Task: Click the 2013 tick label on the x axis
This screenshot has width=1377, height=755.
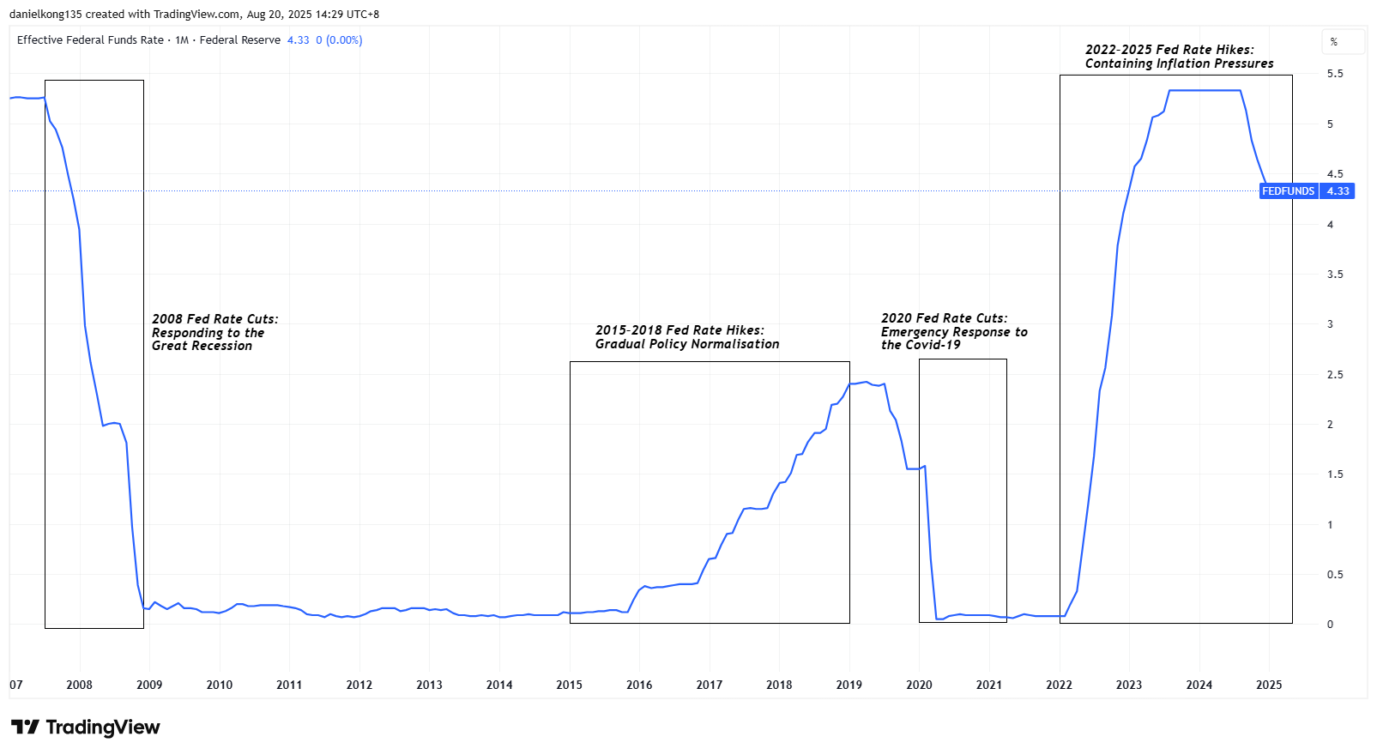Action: (429, 685)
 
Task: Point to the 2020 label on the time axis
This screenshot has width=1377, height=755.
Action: (919, 685)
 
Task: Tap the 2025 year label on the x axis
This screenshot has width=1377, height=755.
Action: (1269, 685)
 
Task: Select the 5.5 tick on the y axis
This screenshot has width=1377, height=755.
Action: (1335, 74)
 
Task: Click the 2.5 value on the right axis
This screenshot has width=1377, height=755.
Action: (1335, 375)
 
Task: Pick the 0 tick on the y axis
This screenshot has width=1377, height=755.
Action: (1331, 625)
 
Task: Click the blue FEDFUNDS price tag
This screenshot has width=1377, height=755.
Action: (1288, 191)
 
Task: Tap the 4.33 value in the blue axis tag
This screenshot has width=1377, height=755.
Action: (1338, 191)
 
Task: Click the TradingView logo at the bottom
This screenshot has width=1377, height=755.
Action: (86, 728)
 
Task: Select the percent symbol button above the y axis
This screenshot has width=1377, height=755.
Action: (1334, 42)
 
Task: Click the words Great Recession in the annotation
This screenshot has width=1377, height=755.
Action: (202, 346)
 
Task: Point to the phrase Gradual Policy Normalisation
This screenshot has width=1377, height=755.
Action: (687, 344)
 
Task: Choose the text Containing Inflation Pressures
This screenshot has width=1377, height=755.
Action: (1179, 63)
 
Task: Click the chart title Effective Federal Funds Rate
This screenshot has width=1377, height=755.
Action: (90, 40)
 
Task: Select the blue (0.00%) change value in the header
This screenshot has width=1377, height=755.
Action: (344, 40)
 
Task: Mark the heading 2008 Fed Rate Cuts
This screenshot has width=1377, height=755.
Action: (214, 319)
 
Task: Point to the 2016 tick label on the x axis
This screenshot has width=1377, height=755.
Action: (639, 685)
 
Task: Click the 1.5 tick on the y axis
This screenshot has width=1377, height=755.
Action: (1335, 474)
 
